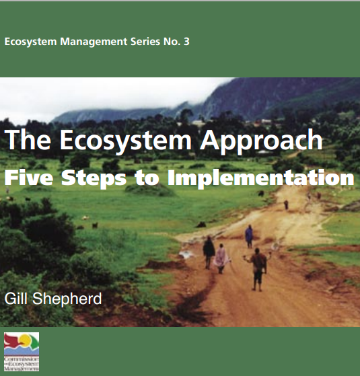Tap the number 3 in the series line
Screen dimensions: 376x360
point(186,42)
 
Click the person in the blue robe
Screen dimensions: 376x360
point(249,235)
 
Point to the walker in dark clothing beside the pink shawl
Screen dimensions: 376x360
point(209,252)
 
